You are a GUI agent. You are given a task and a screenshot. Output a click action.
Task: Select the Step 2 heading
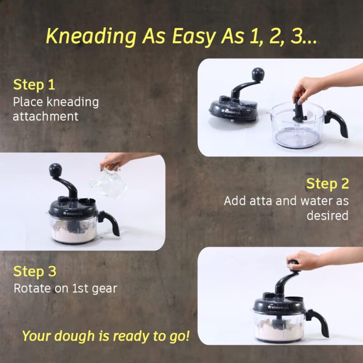pos(327,184)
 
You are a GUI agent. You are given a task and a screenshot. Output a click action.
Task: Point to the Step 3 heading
pos(35,271)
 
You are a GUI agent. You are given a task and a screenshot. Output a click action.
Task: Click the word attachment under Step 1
pos(45,116)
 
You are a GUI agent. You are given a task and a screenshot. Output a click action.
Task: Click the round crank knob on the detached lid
pos(258,74)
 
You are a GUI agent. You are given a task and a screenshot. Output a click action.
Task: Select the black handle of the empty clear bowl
pos(338,123)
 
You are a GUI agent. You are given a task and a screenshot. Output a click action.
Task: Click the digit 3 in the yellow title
pos(296,37)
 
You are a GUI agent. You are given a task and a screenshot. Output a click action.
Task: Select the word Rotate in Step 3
pos(32,288)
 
